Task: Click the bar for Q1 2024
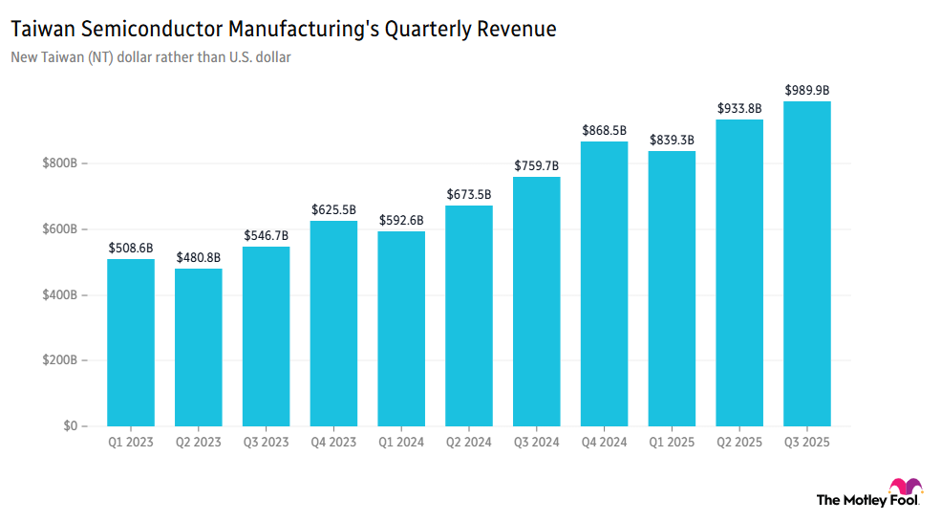coord(401,329)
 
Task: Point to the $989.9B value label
coord(807,90)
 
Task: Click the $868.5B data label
coord(605,129)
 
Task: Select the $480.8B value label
coord(198,257)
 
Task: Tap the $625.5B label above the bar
coord(333,209)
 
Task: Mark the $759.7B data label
coord(537,165)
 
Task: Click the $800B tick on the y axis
coord(59,164)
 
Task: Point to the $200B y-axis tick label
coord(59,360)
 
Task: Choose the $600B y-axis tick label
coord(59,229)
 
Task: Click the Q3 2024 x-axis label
coord(537,443)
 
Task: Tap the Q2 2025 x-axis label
coord(739,443)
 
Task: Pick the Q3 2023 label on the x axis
coord(266,443)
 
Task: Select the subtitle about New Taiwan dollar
coord(151,57)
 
